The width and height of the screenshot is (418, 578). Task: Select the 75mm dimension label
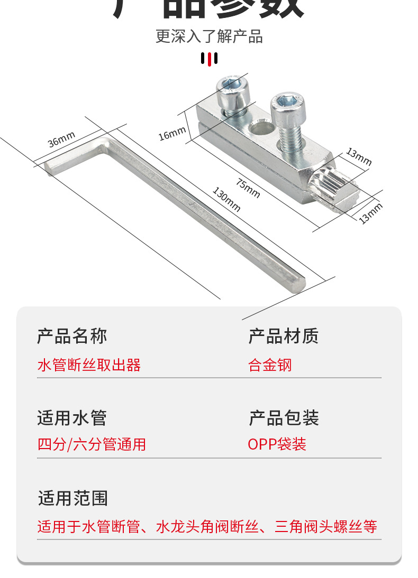[248, 189]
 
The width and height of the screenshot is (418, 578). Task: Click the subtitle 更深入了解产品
[209, 36]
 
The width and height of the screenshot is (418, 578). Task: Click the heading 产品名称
[72, 336]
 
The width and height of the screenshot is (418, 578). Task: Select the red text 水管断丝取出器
[89, 365]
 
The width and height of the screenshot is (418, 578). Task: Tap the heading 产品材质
[284, 336]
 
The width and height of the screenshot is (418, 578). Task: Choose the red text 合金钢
[270, 365]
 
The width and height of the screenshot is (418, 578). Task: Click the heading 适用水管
[72, 418]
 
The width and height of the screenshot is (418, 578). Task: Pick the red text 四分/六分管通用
[92, 444]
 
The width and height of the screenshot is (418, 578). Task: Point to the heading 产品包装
[284, 418]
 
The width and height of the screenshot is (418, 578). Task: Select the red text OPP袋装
[277, 444]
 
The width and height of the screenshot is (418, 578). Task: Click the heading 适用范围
[72, 498]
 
